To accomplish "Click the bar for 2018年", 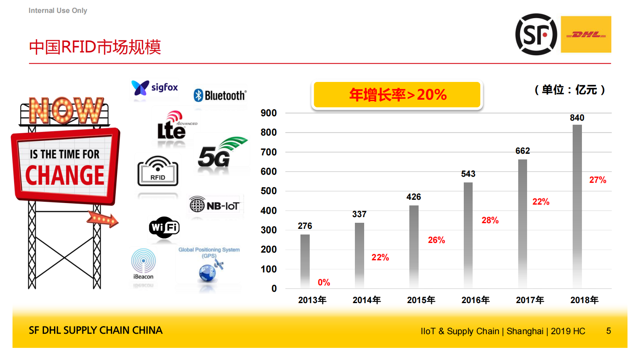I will (577, 206).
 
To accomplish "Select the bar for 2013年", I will (305, 261).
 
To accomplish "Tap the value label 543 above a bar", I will (468, 174).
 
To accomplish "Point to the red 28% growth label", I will (490, 220).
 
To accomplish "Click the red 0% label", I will (324, 283).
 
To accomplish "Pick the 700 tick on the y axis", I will (269, 152).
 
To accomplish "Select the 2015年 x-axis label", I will (421, 300).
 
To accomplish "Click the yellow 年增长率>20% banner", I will (397, 95).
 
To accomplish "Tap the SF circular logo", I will (536, 34).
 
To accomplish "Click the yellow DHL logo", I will (586, 34).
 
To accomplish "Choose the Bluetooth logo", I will (220, 95).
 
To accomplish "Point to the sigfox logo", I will (155, 88).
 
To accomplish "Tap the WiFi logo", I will (164, 228).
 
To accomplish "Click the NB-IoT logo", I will (215, 205).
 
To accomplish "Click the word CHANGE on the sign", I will (65, 176).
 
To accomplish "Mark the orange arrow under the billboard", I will (102, 220).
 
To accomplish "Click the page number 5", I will (608, 331).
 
